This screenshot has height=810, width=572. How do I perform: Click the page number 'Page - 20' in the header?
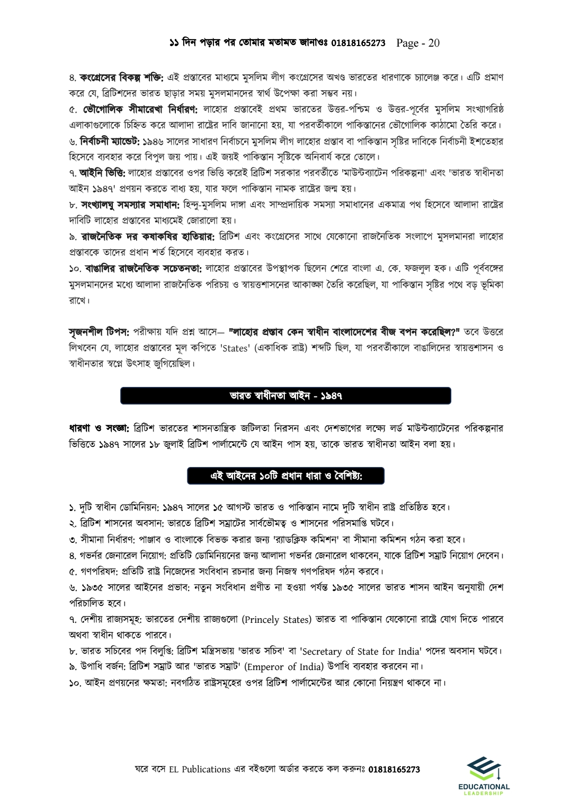tap(418, 42)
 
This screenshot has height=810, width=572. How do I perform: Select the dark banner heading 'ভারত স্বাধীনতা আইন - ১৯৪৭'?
tap(286, 395)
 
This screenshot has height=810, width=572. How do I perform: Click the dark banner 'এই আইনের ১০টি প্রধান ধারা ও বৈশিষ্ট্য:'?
tap(286, 476)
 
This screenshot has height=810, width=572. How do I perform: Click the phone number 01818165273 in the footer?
tap(394, 769)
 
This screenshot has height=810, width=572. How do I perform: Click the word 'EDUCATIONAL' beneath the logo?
tap(484, 787)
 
